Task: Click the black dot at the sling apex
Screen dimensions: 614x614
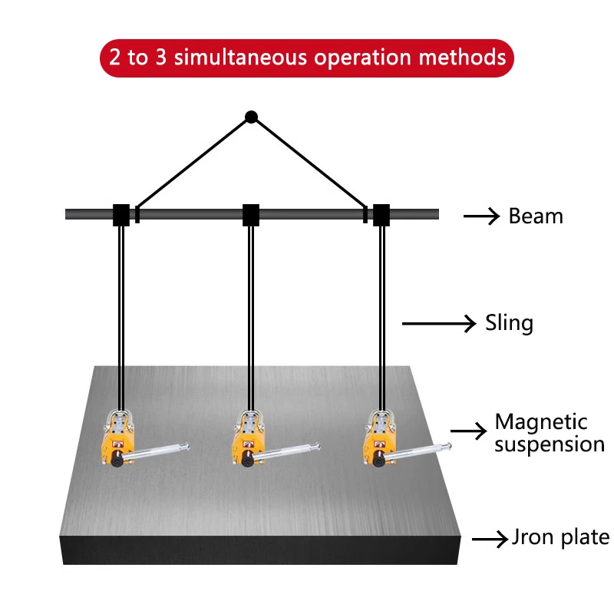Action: click(251, 117)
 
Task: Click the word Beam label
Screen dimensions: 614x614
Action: click(536, 216)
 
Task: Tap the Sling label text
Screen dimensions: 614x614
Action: click(509, 323)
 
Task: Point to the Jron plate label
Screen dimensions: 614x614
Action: click(560, 538)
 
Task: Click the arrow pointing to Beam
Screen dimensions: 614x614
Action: click(482, 216)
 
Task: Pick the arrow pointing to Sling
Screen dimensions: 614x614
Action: click(439, 324)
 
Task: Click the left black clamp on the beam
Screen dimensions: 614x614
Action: click(120, 215)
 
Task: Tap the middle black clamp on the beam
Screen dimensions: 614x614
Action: click(251, 215)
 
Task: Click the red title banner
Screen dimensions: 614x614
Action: click(306, 58)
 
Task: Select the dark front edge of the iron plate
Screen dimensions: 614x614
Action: click(261, 550)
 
